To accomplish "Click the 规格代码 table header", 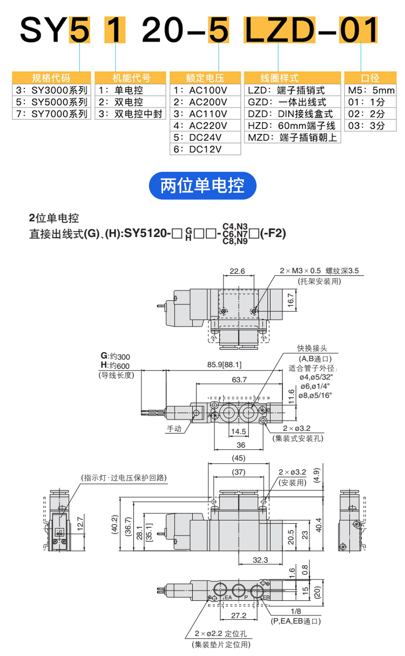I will coord(51,78).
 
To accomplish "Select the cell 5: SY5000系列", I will coord(51,102).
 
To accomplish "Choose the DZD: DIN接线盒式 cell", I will coord(291,113).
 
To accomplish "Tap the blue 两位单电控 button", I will coord(202,186).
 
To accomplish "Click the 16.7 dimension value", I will coord(291,299).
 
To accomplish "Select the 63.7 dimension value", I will coord(239,380).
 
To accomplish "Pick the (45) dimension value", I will coord(238,458).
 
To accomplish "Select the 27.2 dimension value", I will coord(238,615).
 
